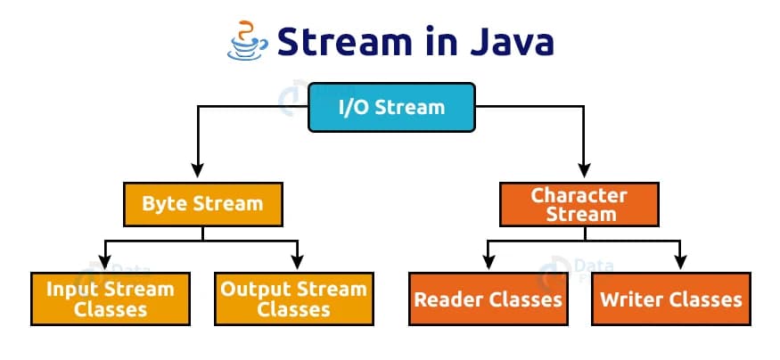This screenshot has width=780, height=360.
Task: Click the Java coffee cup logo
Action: pyautogui.click(x=247, y=41)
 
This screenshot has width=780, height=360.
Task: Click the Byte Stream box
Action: pyautogui.click(x=203, y=204)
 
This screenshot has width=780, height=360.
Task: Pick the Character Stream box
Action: pyautogui.click(x=580, y=204)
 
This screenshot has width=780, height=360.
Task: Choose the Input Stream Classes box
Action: pyautogui.click(x=111, y=299)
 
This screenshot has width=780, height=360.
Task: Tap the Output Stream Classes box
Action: pyautogui.click(x=293, y=299)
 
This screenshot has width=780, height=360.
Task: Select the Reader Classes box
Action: pyautogui.click(x=488, y=299)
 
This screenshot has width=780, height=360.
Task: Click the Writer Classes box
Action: pyautogui.click(x=671, y=299)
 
